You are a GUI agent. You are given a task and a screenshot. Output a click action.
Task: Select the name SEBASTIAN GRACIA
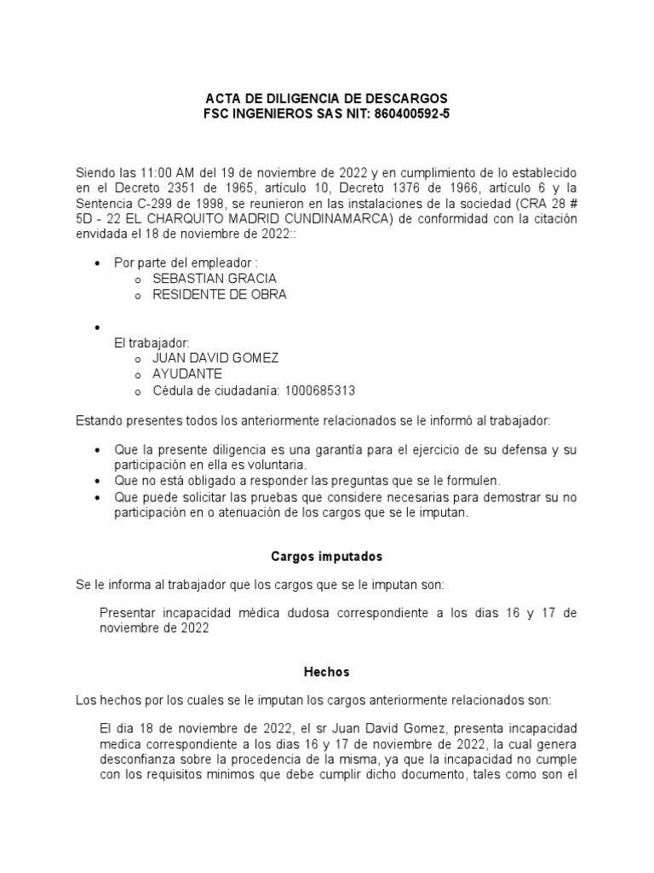pos(214,279)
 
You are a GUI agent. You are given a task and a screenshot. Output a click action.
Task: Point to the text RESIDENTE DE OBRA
pos(219,295)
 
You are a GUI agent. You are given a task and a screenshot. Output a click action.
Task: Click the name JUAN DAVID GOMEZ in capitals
pos(215,358)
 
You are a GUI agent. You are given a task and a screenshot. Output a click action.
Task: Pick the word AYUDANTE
pos(186,374)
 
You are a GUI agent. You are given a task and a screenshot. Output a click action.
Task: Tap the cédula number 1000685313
pos(321,390)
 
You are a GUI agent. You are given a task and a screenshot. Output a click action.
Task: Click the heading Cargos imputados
pos(326,556)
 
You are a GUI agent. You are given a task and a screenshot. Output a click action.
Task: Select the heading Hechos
pos(326,672)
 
